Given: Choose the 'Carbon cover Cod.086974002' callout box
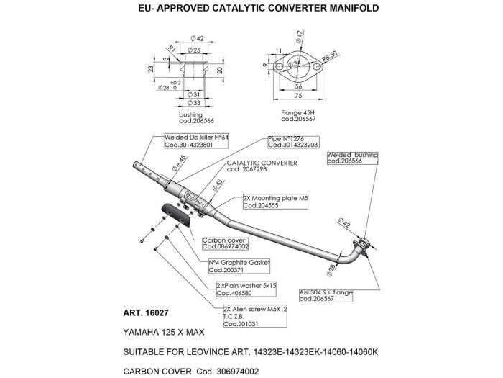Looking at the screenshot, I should point(225,243).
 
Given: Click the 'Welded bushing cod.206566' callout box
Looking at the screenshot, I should point(353,158).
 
